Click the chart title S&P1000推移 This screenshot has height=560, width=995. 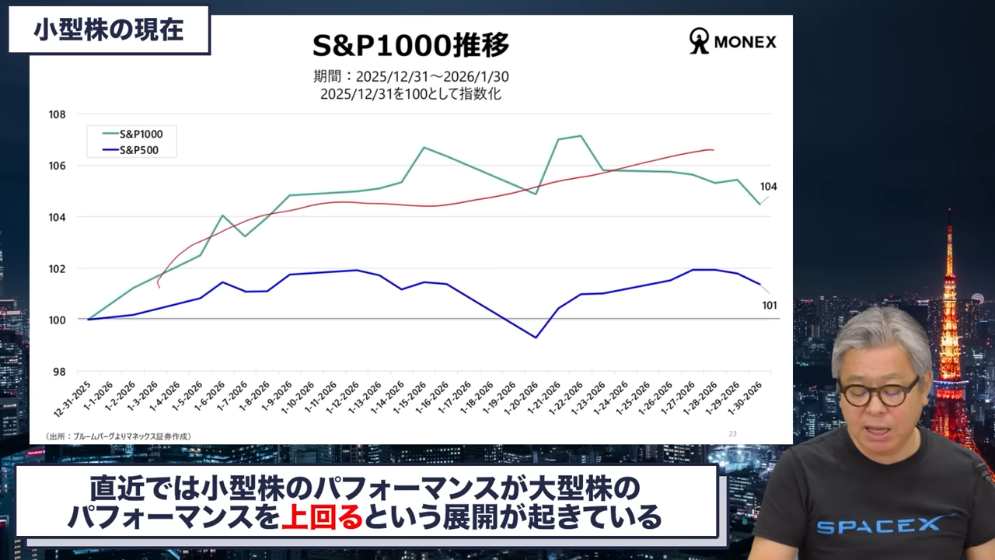pyautogui.click(x=410, y=46)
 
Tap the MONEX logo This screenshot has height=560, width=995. pyautogui.click(x=732, y=42)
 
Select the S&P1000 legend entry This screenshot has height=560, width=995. pyautogui.click(x=141, y=134)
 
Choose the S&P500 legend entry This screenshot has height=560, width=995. pyautogui.click(x=138, y=150)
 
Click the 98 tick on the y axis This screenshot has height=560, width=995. pyautogui.click(x=59, y=372)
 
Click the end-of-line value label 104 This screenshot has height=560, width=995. pyautogui.click(x=769, y=187)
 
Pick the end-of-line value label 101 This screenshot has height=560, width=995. pyautogui.click(x=769, y=306)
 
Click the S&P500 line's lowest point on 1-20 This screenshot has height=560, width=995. pyautogui.click(x=536, y=337)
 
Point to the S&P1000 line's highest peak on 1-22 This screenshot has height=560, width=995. pyautogui.click(x=581, y=136)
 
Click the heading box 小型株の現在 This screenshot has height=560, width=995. pyautogui.click(x=109, y=30)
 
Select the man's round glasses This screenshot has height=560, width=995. pyautogui.click(x=879, y=392)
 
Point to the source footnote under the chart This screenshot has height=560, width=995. pyautogui.click(x=118, y=436)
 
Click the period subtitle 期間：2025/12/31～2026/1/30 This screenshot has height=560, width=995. pyautogui.click(x=411, y=76)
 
